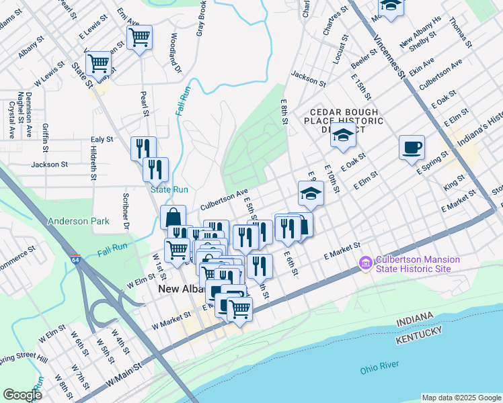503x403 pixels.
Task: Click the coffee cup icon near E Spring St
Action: tap(412, 148)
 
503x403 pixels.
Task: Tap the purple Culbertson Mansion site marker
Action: tap(366, 263)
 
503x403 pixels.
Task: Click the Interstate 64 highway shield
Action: tap(73, 258)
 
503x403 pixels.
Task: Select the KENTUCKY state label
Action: tap(419, 341)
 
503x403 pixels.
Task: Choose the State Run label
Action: tap(169, 190)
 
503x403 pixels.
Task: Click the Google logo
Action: tap(22, 394)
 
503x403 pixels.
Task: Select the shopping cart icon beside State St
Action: tap(98, 64)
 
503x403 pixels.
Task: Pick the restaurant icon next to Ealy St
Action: tap(143, 148)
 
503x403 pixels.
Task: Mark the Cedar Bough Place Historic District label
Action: tap(346, 121)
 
